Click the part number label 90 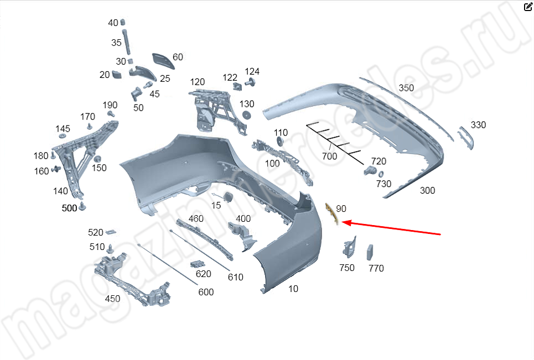(x=341, y=208)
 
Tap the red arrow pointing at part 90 (x=391, y=228)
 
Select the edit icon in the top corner (x=528, y=7)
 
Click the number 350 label (x=406, y=88)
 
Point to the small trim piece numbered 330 (x=466, y=138)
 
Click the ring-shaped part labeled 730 (x=381, y=174)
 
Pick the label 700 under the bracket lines (x=329, y=156)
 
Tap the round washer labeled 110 (x=281, y=141)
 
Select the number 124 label (x=252, y=71)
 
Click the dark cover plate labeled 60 (x=163, y=61)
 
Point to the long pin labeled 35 (x=127, y=42)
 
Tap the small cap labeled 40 (x=123, y=22)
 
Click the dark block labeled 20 (x=116, y=74)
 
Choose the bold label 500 (x=69, y=208)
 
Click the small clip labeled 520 (x=111, y=232)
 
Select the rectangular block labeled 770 (x=370, y=252)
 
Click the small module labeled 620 (x=197, y=264)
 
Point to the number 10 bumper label (x=293, y=289)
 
